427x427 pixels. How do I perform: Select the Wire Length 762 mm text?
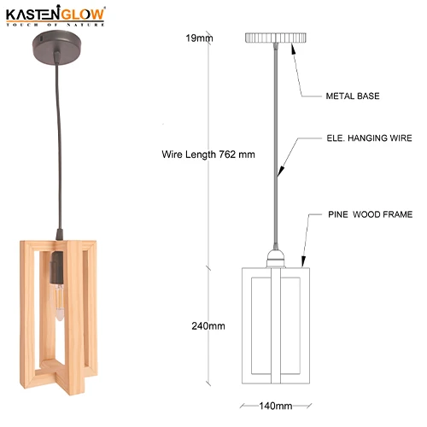(208, 155)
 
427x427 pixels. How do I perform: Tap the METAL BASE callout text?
(352, 97)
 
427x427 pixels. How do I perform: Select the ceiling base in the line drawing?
(276, 38)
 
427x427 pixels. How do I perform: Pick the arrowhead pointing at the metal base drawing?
(295, 48)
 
